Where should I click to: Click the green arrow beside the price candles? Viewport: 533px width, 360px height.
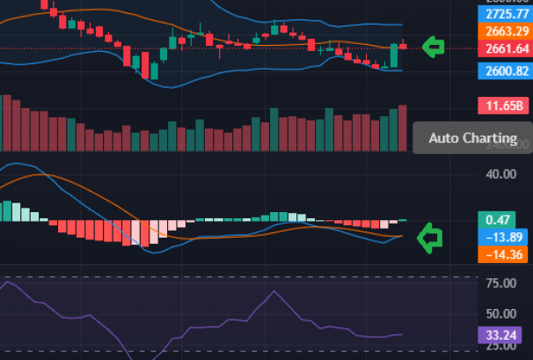pos(433,47)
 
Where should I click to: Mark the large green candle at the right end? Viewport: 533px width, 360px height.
pos(394,56)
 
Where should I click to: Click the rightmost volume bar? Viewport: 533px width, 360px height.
pos(404,129)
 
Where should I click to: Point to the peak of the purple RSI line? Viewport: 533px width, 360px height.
pos(274,291)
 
